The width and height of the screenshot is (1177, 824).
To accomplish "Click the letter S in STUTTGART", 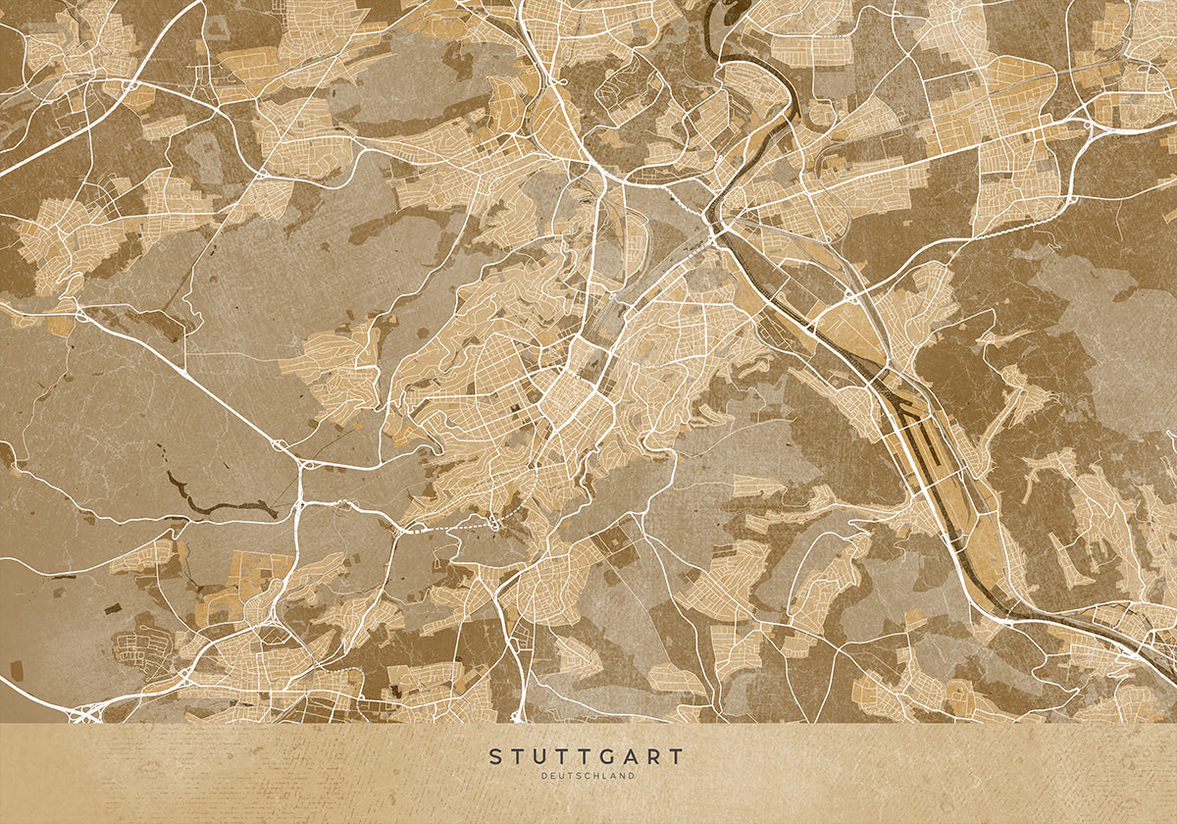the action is [495, 757].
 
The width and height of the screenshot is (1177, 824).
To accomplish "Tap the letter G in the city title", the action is [610, 757].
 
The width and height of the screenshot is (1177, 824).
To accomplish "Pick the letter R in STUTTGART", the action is [654, 757].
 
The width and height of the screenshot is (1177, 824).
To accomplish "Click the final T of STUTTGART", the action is [676, 757].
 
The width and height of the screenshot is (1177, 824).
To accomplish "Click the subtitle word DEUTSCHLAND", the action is [588, 776].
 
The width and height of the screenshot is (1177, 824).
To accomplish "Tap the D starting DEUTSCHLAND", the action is [544, 776].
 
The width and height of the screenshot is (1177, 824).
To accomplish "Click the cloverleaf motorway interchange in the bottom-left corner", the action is [86, 714].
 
